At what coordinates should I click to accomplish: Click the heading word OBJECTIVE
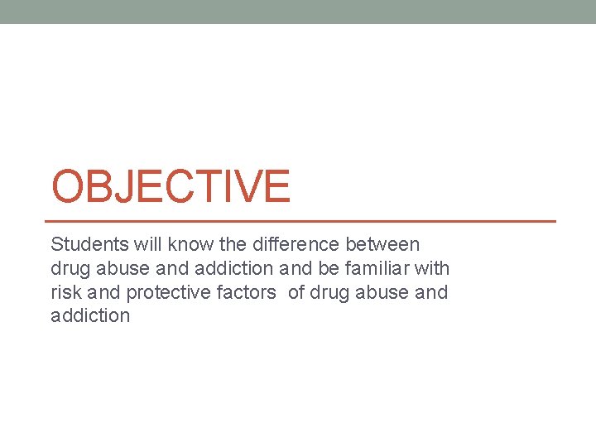[x=171, y=185]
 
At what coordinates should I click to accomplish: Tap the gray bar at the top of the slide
[x=298, y=12]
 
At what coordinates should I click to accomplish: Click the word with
[x=433, y=268]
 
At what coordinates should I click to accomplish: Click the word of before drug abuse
[x=296, y=292]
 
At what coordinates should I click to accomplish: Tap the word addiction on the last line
[x=90, y=315]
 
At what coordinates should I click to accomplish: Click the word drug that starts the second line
[x=68, y=268]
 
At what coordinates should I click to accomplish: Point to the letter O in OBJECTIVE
[x=68, y=185]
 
